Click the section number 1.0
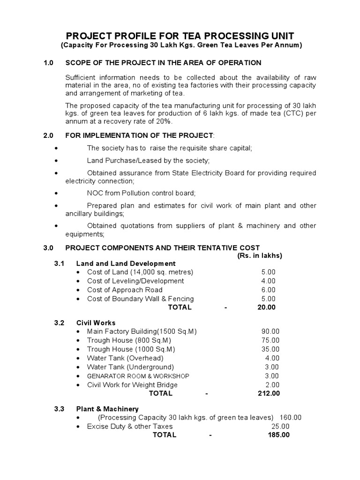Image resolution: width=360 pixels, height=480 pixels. pyautogui.click(x=49, y=63)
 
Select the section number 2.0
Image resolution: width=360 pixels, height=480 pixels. pyautogui.click(x=49, y=135)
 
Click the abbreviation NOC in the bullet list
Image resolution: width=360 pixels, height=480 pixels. pyautogui.click(x=96, y=193)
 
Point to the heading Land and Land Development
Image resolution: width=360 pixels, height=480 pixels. pyautogui.click(x=126, y=263)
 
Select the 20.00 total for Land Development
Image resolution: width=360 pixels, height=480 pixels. pyautogui.click(x=266, y=307)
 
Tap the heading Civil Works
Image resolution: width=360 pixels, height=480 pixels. pyautogui.click(x=96, y=323)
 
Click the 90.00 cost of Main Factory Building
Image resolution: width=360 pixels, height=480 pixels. pyautogui.click(x=270, y=331)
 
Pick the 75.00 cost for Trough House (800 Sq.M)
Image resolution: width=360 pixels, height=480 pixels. pyautogui.click(x=270, y=340)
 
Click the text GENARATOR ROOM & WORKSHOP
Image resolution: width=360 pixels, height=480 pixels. pyautogui.click(x=138, y=376)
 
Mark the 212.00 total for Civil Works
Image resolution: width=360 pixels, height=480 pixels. pyautogui.click(x=269, y=393)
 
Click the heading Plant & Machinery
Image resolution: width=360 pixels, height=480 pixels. pyautogui.click(x=107, y=409)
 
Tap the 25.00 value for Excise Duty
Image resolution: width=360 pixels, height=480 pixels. pyautogui.click(x=280, y=427)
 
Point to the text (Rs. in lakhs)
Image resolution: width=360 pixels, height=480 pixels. pyautogui.click(x=257, y=255)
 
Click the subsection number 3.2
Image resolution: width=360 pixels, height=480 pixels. pyautogui.click(x=59, y=323)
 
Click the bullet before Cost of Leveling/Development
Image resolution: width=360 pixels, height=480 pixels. pyautogui.click(x=78, y=281)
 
